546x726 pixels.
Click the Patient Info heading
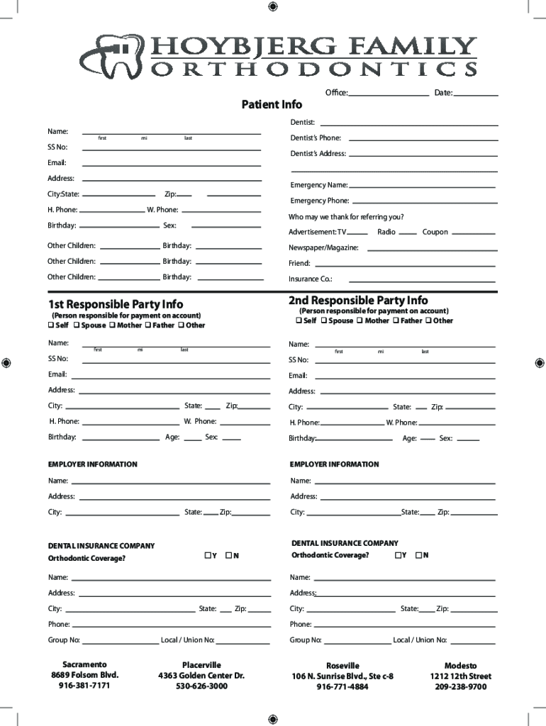(x=272, y=105)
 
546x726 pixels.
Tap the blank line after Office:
(x=388, y=94)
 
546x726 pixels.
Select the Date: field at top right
(x=476, y=94)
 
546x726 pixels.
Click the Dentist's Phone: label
(x=316, y=138)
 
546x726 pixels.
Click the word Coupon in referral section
(x=435, y=232)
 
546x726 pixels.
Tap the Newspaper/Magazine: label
(x=323, y=248)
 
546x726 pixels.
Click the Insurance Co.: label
(x=311, y=279)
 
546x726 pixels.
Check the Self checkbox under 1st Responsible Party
(x=51, y=325)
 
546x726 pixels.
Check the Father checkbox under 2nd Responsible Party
(x=397, y=320)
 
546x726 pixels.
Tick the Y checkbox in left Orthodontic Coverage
(x=207, y=555)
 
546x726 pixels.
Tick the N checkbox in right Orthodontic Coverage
(x=418, y=555)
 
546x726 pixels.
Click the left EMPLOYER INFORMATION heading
(x=92, y=464)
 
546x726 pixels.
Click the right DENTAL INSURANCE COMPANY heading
(x=345, y=543)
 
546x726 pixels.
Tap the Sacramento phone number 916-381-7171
(x=84, y=686)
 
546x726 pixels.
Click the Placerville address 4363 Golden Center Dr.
(x=201, y=676)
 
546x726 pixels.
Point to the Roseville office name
(x=342, y=666)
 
